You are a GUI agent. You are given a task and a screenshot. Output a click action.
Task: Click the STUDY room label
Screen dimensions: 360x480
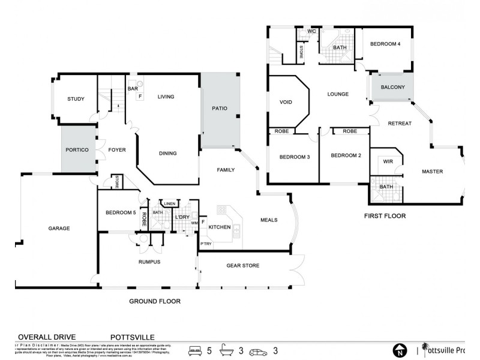[x=76, y=99]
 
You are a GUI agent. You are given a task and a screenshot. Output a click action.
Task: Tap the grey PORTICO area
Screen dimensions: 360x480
[x=78, y=149]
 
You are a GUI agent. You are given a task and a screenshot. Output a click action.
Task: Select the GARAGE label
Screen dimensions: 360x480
[x=59, y=228]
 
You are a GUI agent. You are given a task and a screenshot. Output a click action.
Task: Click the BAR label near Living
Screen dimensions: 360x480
[x=133, y=89]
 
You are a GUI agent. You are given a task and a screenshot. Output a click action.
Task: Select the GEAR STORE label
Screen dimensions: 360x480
[x=242, y=265]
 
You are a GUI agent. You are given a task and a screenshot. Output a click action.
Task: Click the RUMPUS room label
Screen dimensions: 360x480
[x=149, y=261]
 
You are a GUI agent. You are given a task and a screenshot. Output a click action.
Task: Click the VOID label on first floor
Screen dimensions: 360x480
[x=286, y=102]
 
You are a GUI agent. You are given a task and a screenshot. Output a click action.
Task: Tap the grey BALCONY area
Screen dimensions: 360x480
[x=393, y=88]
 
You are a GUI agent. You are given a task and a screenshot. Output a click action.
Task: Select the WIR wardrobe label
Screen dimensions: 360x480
[x=388, y=161]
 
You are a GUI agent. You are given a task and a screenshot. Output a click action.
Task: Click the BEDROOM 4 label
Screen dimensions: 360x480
[x=385, y=44]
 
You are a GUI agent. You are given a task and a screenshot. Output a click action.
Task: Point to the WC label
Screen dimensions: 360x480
[x=311, y=31]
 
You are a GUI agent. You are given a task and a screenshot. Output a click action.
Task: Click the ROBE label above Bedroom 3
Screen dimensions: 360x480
[x=281, y=131]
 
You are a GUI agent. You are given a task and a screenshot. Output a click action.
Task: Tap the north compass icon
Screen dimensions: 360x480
[x=398, y=350]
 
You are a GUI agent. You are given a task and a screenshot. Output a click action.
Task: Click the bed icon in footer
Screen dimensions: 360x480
[x=195, y=349]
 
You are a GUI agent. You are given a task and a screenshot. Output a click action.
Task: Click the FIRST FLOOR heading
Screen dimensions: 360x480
[x=385, y=215]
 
